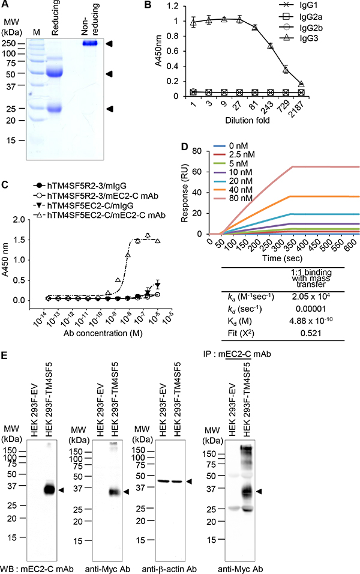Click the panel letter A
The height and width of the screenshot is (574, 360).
tap(7, 6)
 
